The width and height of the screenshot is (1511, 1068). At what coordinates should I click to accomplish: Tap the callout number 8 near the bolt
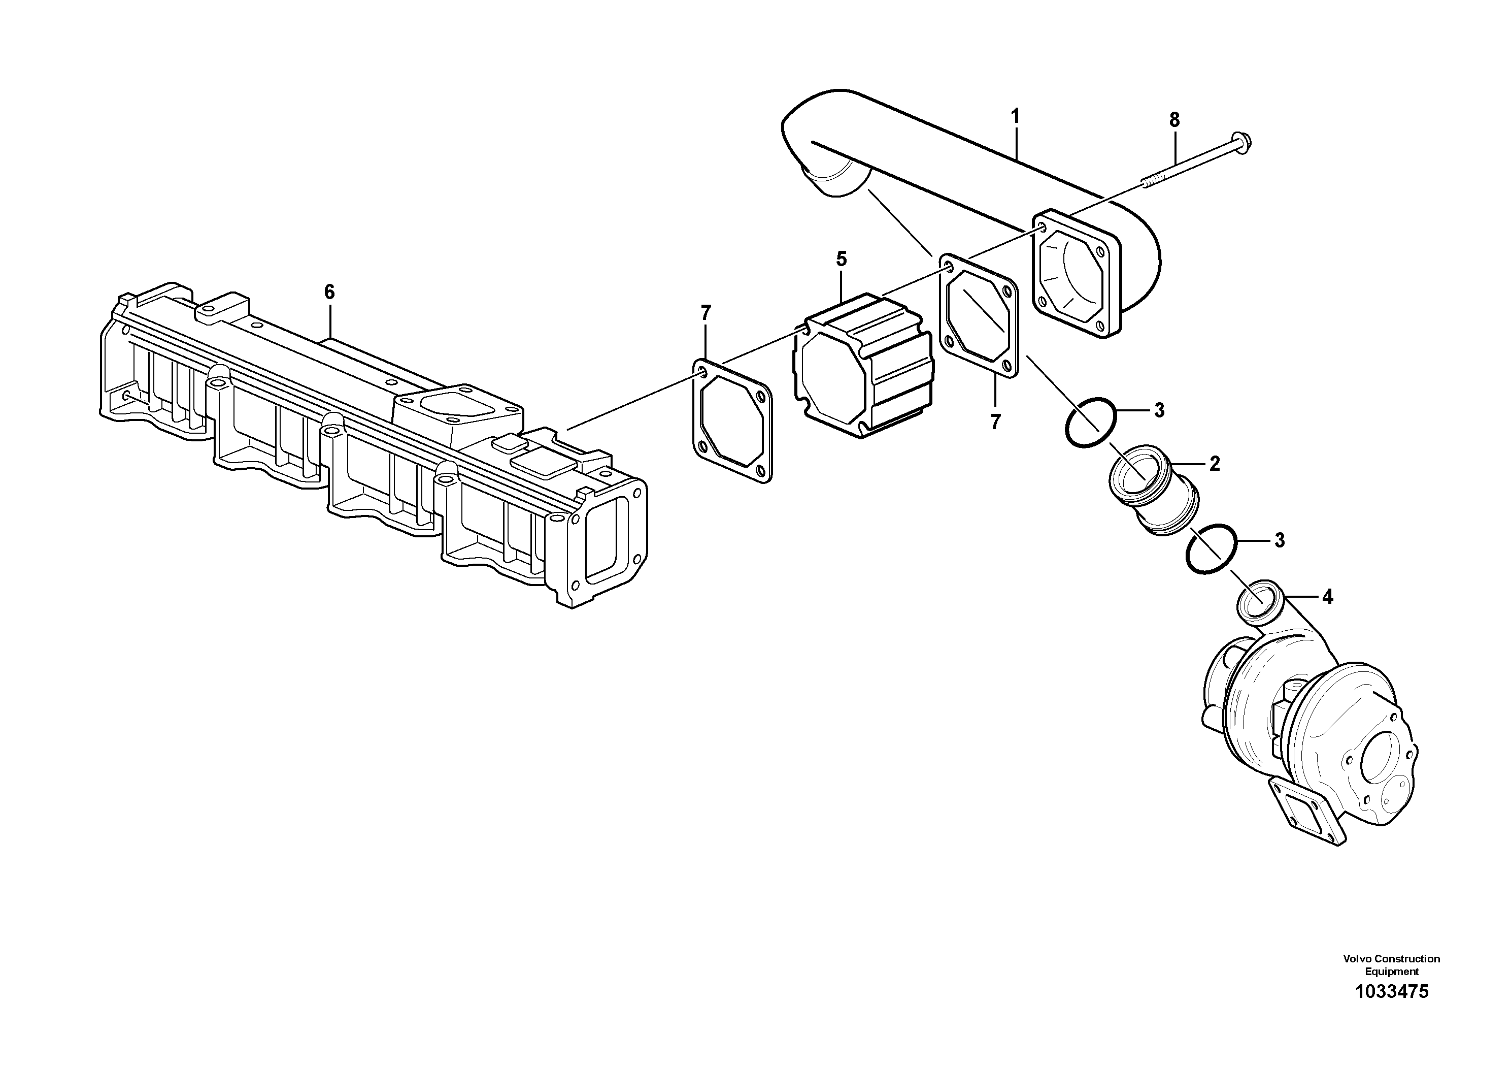tap(1174, 120)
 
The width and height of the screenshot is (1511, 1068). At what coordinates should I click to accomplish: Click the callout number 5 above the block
tap(841, 259)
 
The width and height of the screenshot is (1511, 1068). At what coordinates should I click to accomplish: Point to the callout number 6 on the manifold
tap(329, 292)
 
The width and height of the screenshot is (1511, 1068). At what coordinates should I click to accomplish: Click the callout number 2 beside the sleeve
tap(1214, 464)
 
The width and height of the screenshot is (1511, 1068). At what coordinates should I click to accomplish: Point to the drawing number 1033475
tap(1391, 992)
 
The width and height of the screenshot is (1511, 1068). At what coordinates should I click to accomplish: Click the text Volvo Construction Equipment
tap(1391, 966)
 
